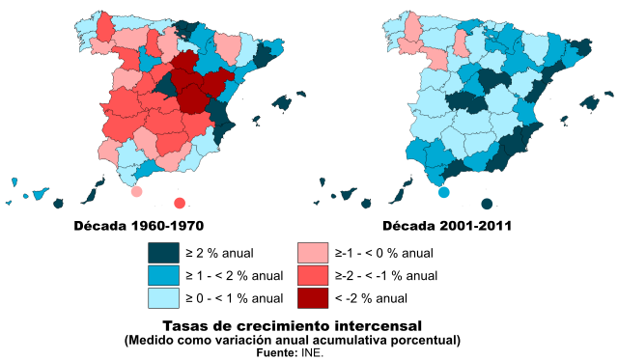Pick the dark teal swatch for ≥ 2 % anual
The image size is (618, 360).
[x=164, y=253]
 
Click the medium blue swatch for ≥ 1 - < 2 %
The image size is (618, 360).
[x=164, y=275]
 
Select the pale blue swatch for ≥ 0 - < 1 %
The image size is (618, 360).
[x=164, y=297]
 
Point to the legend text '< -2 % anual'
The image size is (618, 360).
[x=372, y=297]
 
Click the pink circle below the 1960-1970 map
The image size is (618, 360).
[x=136, y=192]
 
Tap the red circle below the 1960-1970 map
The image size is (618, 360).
[x=179, y=203]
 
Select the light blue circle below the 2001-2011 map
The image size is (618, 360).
[x=444, y=192]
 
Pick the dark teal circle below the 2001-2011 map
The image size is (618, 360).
[x=487, y=203]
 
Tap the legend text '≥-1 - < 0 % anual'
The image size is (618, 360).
[x=384, y=253]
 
